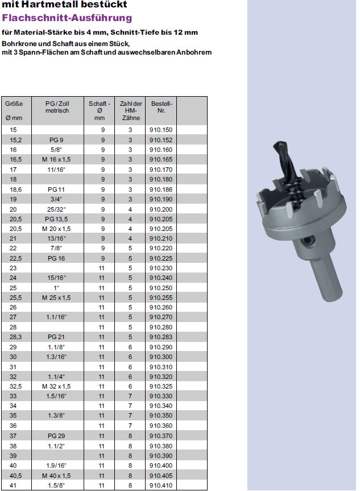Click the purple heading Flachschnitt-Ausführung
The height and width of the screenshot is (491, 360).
coord(67,18)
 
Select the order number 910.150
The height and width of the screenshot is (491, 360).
coord(161,130)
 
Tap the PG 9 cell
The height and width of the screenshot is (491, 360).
coord(56,140)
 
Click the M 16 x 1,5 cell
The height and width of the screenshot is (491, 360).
coord(56,159)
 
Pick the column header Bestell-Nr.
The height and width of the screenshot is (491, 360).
coord(162,107)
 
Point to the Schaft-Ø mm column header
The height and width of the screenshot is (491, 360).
coord(99,110)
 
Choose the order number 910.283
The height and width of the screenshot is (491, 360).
coord(161,337)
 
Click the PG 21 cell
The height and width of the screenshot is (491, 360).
coord(56,337)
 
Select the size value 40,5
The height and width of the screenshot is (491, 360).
coord(16,476)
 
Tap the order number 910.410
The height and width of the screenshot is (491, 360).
coord(161,485)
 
